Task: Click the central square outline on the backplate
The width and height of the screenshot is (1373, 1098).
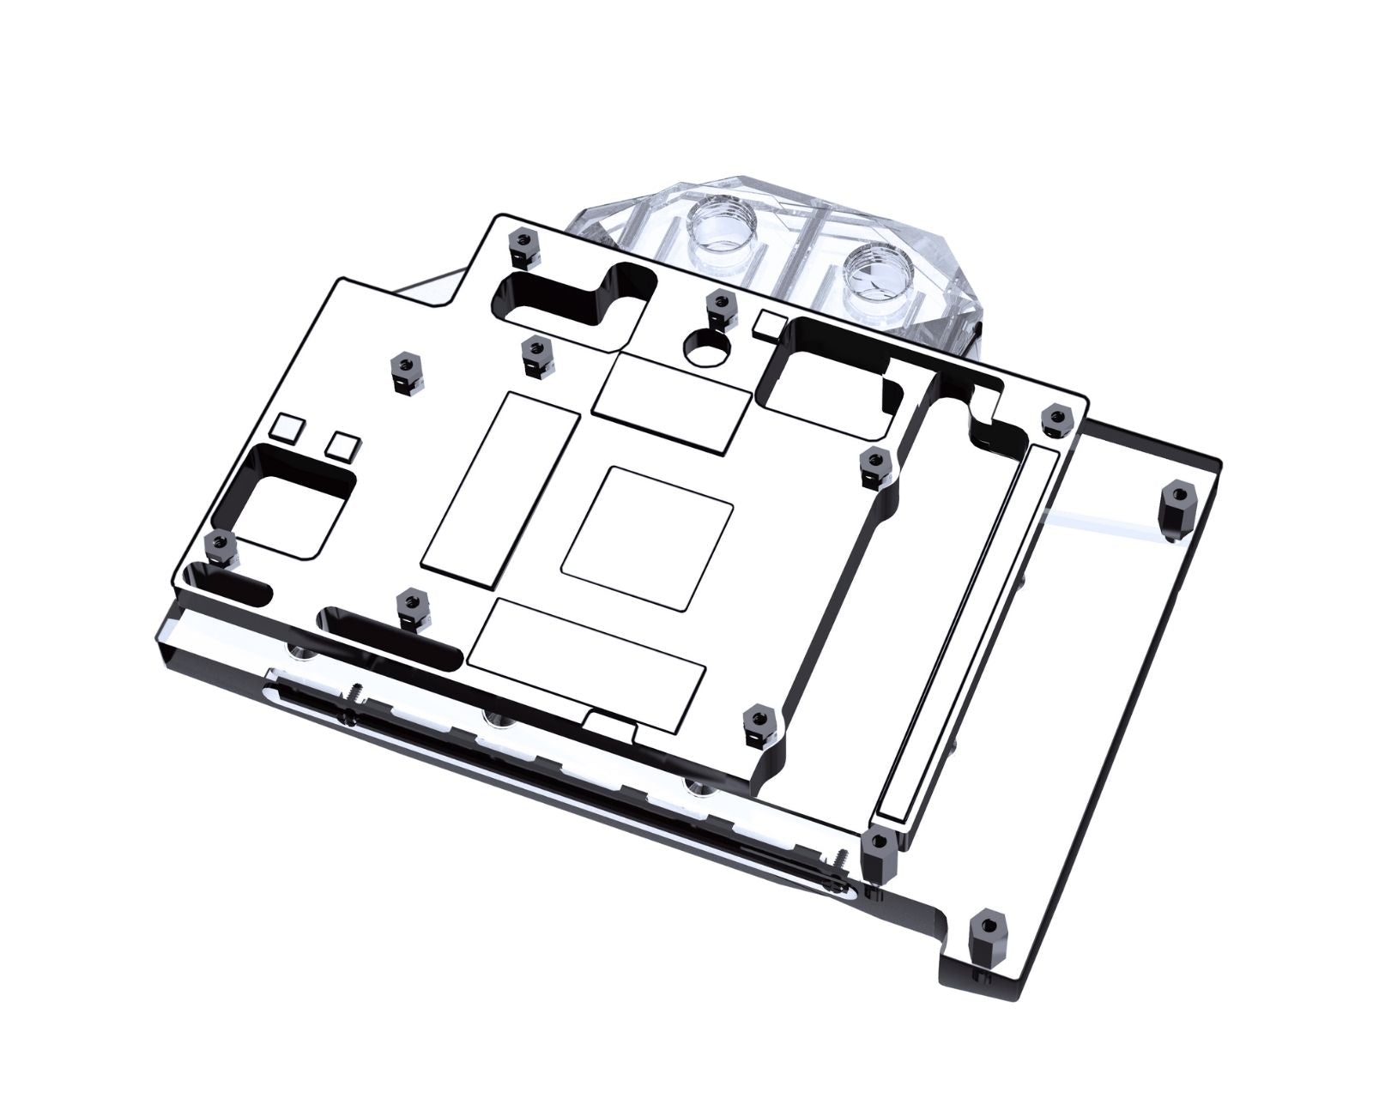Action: (647, 534)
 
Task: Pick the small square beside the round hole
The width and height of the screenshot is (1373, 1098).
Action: (767, 325)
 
